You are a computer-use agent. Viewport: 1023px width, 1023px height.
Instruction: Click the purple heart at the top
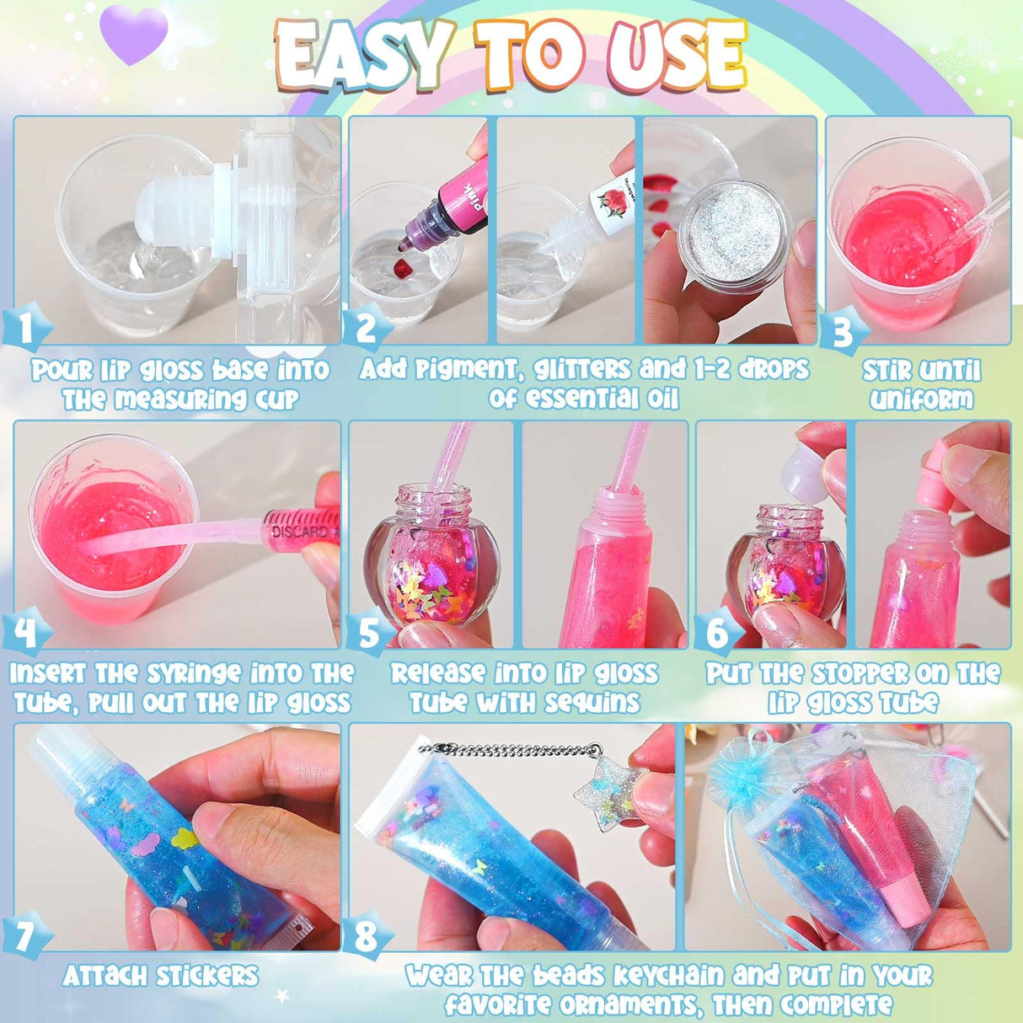coord(133,35)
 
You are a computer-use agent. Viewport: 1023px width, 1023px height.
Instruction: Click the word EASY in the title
coord(364,56)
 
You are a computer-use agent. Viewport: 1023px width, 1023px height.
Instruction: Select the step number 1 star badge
coord(25,328)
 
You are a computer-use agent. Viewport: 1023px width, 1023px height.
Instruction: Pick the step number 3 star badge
coord(844,331)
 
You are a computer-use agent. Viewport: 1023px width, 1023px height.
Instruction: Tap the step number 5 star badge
coord(368,633)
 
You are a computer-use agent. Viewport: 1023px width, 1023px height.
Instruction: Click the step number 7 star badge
coord(25,936)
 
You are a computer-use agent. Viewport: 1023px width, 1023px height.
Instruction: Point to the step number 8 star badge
coord(367,936)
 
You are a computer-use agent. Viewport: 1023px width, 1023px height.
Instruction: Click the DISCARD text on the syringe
coord(299,532)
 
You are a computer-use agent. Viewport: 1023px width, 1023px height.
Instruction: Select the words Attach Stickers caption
coord(160,976)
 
